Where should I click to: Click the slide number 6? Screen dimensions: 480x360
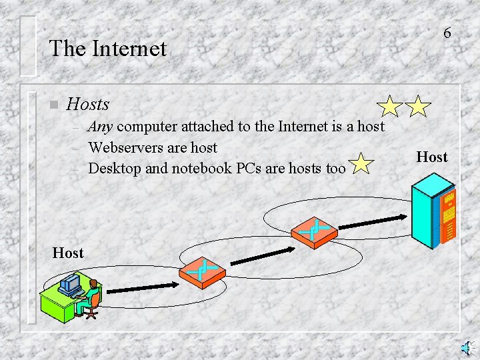[447, 33]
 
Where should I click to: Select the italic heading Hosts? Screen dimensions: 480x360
[88, 104]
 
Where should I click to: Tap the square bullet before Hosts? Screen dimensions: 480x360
[54, 105]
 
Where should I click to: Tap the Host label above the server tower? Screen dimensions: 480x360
[432, 157]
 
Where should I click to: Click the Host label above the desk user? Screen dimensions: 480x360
[68, 253]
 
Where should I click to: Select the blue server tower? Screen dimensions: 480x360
[433, 214]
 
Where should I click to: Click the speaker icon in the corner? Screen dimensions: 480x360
[468, 347]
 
